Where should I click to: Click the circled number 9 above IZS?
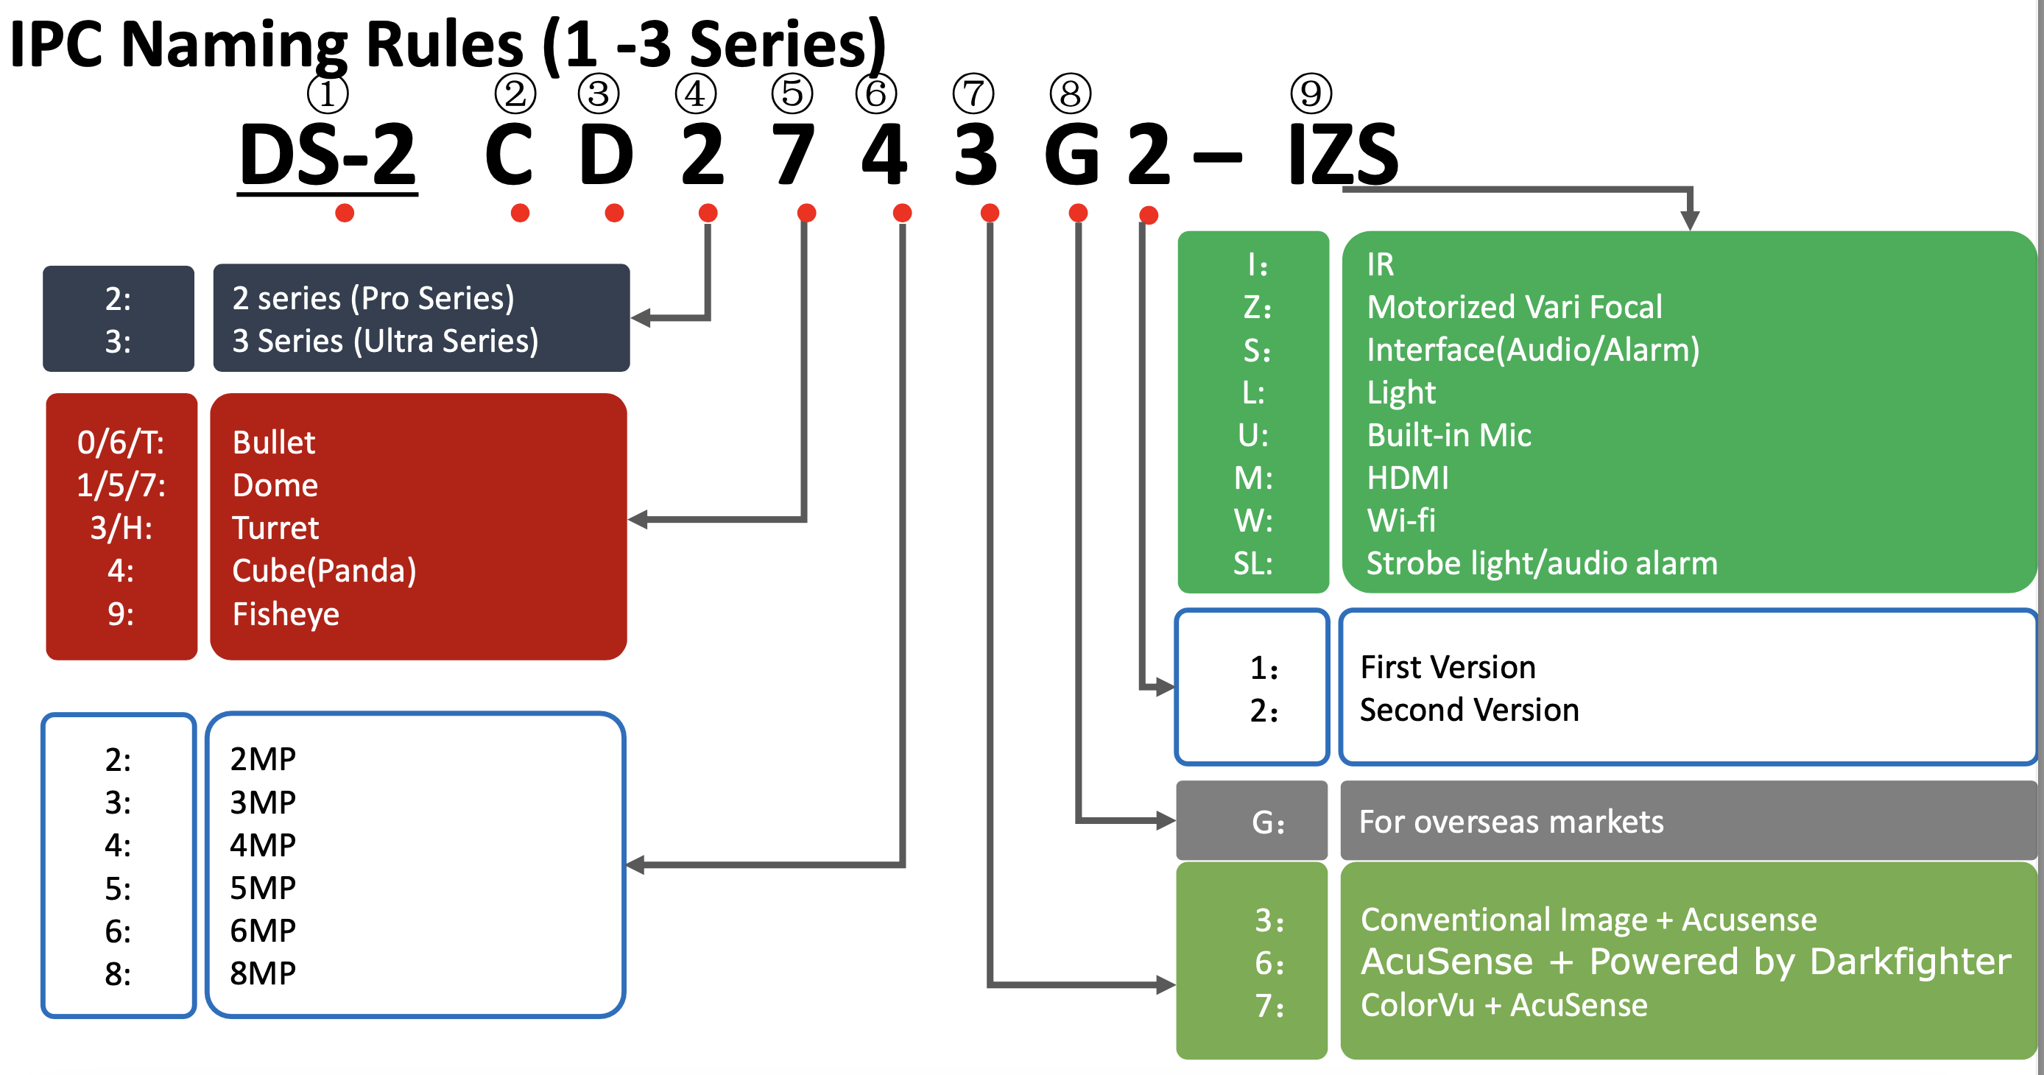tap(1311, 93)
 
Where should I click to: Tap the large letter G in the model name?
tap(1072, 155)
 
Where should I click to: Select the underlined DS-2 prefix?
tap(328, 155)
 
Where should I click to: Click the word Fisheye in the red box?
tap(286, 614)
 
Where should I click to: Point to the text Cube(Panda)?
tap(324, 571)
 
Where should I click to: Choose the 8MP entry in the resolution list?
tap(263, 973)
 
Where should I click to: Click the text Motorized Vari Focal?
tap(1514, 307)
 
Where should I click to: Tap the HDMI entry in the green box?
tap(1408, 478)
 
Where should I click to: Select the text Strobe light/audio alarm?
tap(1541, 563)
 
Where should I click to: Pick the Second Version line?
tap(1469, 710)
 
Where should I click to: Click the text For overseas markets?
tap(1511, 822)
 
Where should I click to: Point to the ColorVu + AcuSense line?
tap(1504, 1005)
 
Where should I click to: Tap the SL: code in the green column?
tap(1253, 563)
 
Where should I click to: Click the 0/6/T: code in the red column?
tap(121, 442)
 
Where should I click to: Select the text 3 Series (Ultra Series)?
tap(385, 341)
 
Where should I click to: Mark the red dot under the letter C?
tap(520, 213)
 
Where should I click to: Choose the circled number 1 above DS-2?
tap(328, 94)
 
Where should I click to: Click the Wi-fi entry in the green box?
tap(1400, 521)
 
